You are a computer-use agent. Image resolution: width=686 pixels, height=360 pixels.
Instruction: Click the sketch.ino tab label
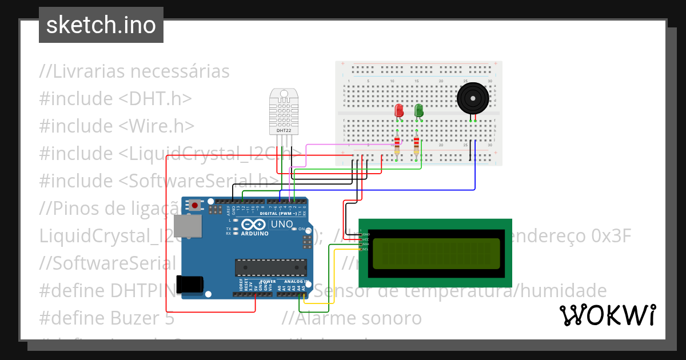click(x=101, y=25)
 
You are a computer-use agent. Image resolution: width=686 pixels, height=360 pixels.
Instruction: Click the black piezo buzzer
click(x=473, y=98)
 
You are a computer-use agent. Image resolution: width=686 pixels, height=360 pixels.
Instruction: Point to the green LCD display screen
click(x=436, y=254)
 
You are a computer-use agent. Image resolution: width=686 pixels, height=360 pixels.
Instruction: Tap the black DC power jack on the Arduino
click(x=190, y=284)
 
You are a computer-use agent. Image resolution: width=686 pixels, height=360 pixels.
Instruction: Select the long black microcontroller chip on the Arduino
click(x=270, y=267)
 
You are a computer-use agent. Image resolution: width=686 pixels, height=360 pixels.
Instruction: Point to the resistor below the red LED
click(x=398, y=145)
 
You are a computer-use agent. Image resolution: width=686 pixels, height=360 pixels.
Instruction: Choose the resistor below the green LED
click(x=416, y=145)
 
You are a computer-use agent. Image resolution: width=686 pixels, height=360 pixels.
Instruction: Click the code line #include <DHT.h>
click(x=115, y=99)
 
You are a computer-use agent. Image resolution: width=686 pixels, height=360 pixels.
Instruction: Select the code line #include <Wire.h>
click(x=117, y=126)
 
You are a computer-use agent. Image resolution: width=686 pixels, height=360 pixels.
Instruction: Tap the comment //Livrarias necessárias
click(x=134, y=71)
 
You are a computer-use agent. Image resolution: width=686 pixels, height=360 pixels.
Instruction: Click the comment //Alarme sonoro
click(x=352, y=318)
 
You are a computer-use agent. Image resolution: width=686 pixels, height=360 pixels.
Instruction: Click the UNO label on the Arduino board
click(x=281, y=223)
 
